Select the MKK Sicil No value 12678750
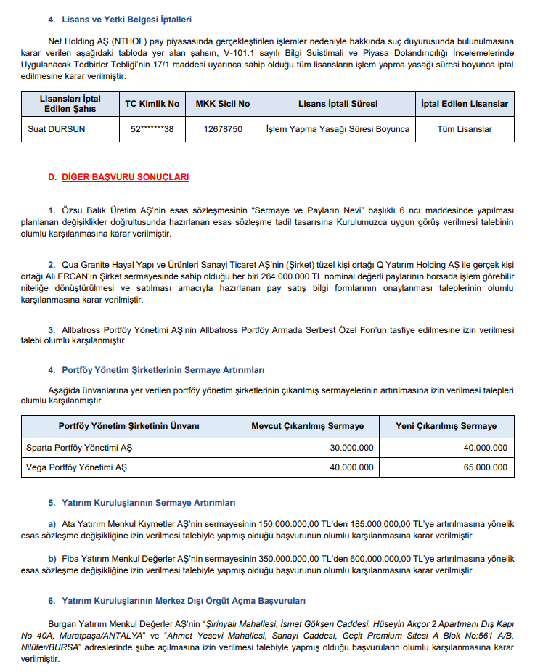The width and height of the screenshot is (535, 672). (223, 129)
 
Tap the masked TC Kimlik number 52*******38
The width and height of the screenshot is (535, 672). (151, 129)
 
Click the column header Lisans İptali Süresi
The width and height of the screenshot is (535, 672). (338, 104)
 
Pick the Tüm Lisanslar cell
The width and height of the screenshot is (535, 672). (465, 129)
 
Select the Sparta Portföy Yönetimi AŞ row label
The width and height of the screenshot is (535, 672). (79, 448)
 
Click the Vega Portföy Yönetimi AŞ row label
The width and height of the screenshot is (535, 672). (76, 468)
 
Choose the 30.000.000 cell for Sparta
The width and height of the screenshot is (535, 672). (351, 448)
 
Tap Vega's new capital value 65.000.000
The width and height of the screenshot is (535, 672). (485, 468)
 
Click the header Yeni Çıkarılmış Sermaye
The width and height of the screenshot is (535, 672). (446, 426)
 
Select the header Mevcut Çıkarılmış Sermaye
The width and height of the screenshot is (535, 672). (307, 426)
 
